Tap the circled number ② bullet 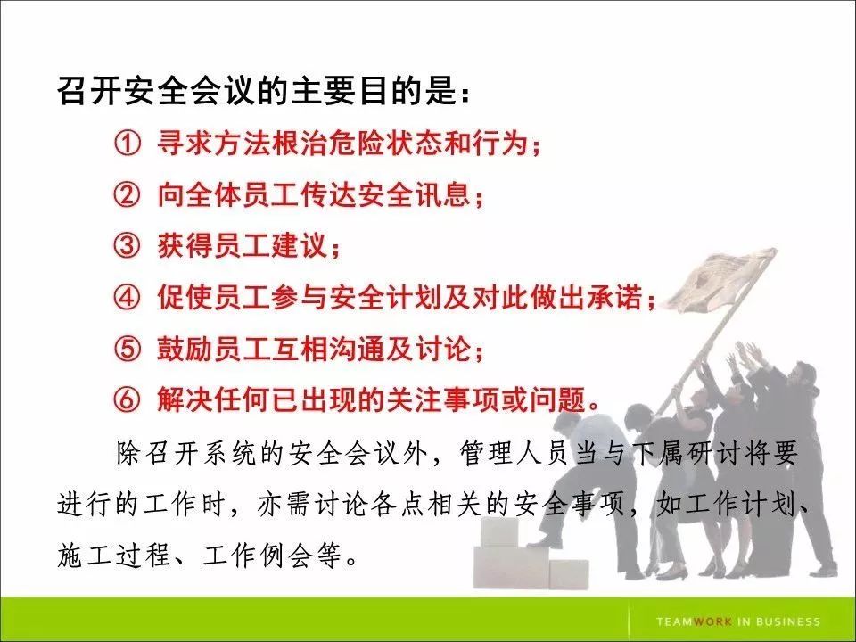[127, 194]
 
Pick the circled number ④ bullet [127, 298]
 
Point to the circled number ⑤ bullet [127, 349]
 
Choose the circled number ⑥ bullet [127, 400]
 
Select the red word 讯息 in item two [443, 194]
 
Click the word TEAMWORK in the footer [694, 621]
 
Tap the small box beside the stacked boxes [568, 573]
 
